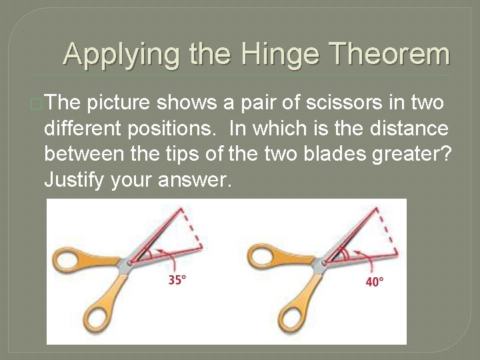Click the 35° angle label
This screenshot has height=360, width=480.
[177, 281]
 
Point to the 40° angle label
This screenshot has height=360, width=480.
[375, 281]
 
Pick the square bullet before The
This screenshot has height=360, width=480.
[37, 103]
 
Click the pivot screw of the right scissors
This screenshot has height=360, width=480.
[324, 263]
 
